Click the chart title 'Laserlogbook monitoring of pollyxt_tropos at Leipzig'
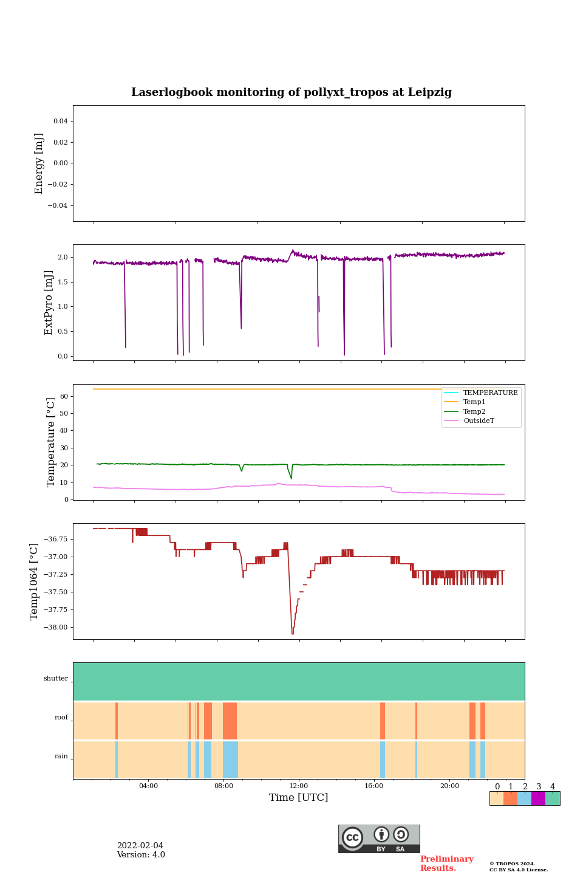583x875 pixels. pos(291,92)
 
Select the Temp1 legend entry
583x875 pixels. pos(474,402)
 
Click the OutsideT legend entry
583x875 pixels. pos(479,421)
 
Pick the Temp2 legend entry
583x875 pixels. pos(474,411)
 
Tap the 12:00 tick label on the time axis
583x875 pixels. pos(299,786)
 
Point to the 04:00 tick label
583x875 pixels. pos(148,786)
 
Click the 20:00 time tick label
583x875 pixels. pos(449,786)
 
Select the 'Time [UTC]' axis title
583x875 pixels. pos(299,798)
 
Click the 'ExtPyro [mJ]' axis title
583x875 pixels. pos(49,303)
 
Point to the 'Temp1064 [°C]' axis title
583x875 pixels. pos(35,582)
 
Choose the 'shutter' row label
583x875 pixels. pos(56,679)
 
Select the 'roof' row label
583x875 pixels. pos(61,718)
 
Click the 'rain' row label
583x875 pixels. pos(61,757)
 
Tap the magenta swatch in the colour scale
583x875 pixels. pos(538,798)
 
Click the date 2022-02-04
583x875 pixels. pos(140,846)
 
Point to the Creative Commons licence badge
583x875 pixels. pos(379,839)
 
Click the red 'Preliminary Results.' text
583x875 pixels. pos(446,863)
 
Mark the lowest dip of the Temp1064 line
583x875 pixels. pos(292,634)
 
